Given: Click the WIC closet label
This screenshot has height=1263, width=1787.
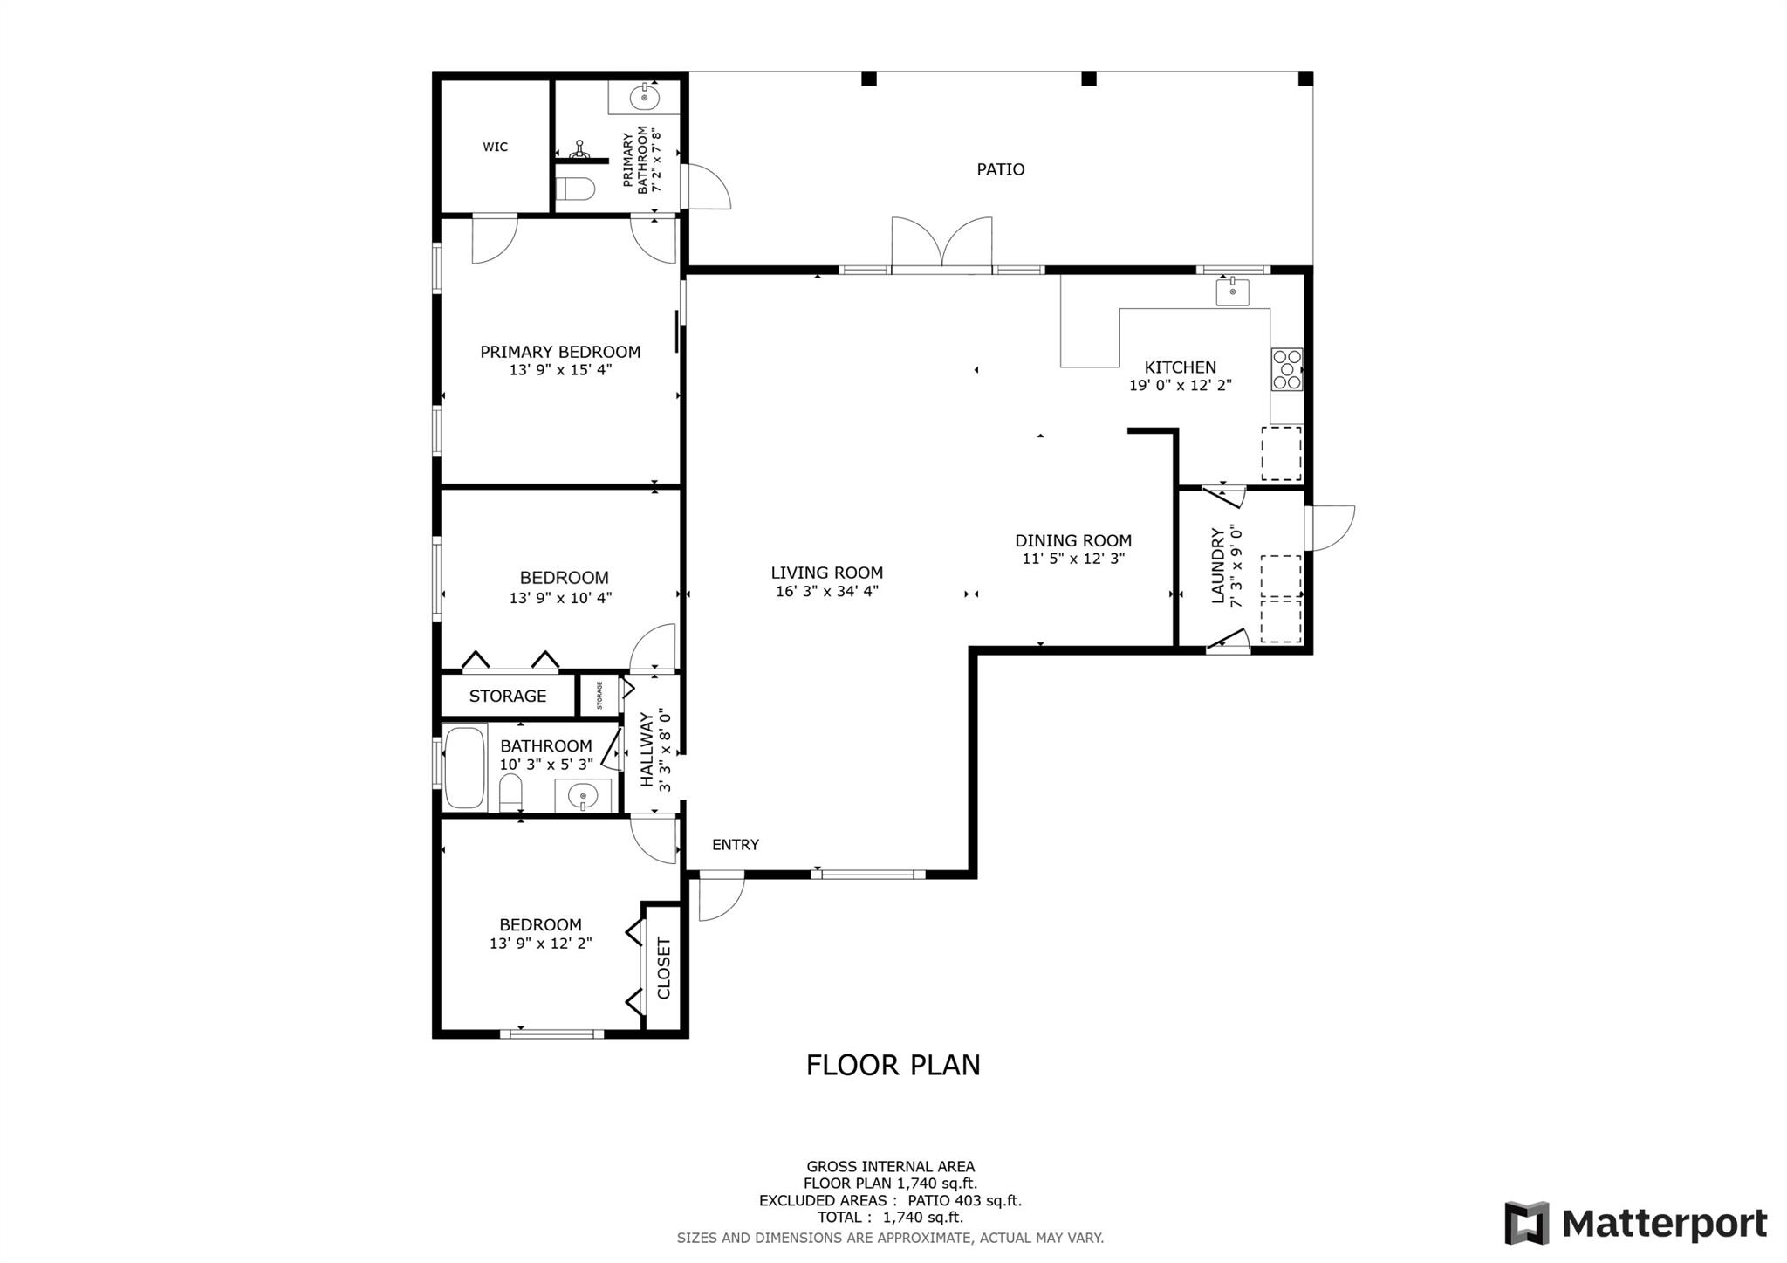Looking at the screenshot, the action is pos(495,147).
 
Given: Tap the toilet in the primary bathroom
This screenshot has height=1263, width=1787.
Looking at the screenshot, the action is pos(576,189).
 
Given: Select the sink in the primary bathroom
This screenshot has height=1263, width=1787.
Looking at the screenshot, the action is pos(644,97).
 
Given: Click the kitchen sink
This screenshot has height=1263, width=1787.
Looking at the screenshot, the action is pos(1232,292).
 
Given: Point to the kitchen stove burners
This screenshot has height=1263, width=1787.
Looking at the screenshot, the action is pos(1286,369).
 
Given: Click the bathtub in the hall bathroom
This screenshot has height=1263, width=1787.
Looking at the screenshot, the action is pos(464,767).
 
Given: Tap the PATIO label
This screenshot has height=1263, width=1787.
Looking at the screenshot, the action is pos(1000,169).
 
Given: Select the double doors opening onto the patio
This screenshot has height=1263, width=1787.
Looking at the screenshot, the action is pos(941,242).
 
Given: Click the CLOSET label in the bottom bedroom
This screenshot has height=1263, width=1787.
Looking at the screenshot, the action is pos(664,968).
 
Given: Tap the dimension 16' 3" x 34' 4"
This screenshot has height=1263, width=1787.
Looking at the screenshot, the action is pos(826,591).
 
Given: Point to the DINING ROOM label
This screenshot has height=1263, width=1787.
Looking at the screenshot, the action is pos(1073,540).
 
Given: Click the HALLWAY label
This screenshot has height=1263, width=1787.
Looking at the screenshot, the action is pos(647,750).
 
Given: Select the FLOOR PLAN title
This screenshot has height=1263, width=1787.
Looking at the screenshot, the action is pos(893,1065).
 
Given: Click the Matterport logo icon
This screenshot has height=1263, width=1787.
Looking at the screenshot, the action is pos(1526,1223).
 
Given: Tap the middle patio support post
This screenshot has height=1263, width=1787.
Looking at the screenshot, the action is pos(1088,79).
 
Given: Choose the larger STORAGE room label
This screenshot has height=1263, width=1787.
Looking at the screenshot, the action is pos(508,696).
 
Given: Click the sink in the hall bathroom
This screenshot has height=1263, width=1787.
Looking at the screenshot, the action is pos(582,796).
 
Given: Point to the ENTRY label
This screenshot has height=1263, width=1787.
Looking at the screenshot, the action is pos(736,844).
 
